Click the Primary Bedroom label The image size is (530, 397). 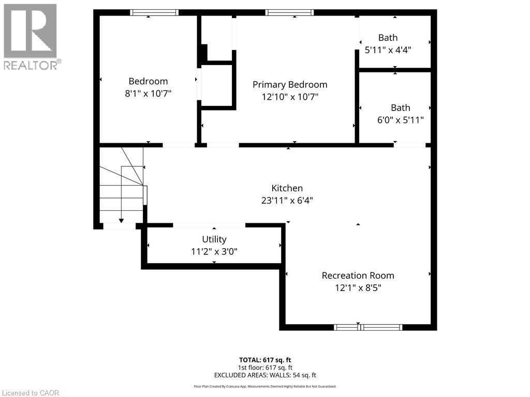[x=290, y=85]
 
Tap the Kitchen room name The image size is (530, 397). [x=287, y=188]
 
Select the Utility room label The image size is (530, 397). [x=214, y=239]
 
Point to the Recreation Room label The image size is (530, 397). [x=358, y=276]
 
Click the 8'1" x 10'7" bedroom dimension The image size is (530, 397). [x=149, y=94]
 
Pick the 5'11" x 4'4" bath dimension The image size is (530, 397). [x=388, y=50]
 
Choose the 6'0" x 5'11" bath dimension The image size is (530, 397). [x=401, y=120]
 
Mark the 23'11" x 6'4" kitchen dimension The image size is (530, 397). [x=287, y=201]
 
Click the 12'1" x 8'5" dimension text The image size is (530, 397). [x=358, y=288]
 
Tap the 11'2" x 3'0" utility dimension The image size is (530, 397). [x=214, y=252]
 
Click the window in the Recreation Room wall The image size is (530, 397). [x=368, y=327]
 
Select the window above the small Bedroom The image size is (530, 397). [x=154, y=12]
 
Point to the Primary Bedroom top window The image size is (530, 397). [x=289, y=12]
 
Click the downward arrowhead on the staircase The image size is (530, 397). [x=121, y=221]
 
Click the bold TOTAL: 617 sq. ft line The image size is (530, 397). [x=265, y=360]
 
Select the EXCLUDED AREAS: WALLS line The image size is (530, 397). [x=265, y=375]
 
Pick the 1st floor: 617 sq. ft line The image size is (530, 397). [x=265, y=368]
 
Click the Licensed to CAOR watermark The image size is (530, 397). [x=31, y=393]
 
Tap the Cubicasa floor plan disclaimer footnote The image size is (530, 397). [x=265, y=387]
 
